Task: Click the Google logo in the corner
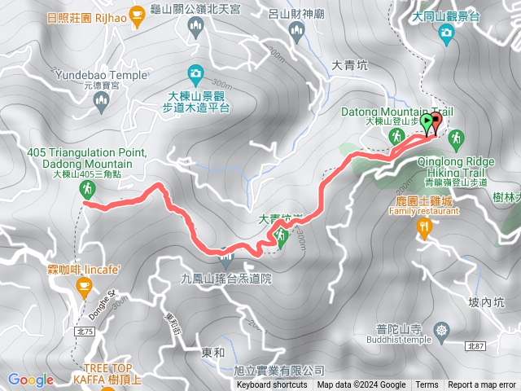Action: (30, 380)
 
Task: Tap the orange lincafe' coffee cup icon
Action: (82, 284)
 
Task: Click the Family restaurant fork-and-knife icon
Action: (423, 226)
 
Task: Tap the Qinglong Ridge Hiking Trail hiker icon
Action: (455, 137)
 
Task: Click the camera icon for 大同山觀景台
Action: (446, 32)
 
